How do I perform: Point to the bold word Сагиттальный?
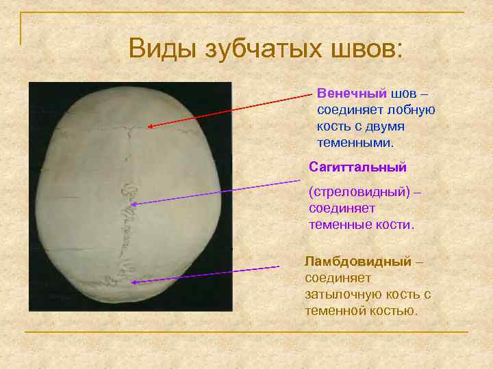click(x=357, y=167)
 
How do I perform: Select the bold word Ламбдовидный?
click(x=358, y=262)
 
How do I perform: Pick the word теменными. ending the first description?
click(x=355, y=143)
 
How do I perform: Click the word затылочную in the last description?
click(x=340, y=295)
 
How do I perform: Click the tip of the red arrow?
click(x=148, y=126)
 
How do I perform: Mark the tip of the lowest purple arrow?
click(x=131, y=282)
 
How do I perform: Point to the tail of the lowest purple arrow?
click(x=279, y=266)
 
